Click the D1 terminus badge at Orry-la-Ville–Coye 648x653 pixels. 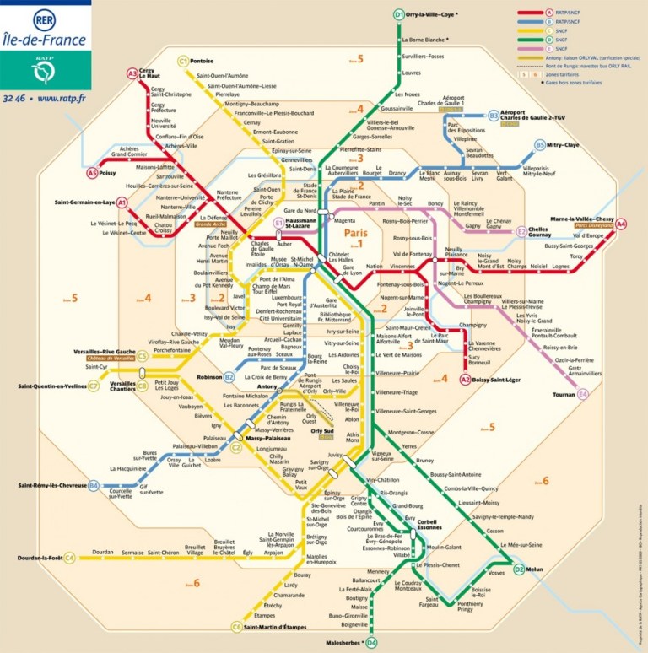click(399, 14)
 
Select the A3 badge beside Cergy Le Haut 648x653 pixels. click(132, 74)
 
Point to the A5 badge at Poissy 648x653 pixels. click(93, 173)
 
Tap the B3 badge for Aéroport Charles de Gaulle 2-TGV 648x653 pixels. click(494, 116)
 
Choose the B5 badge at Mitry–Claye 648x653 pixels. click(540, 145)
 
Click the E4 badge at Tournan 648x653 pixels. click(582, 393)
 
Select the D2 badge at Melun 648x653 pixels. click(519, 569)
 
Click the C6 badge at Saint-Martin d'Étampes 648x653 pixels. click(236, 627)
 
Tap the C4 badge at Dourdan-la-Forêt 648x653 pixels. click(70, 558)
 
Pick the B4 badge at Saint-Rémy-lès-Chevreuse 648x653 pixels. click(94, 485)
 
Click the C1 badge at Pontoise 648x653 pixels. click(183, 61)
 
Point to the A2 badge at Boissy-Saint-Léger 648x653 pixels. click(465, 380)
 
